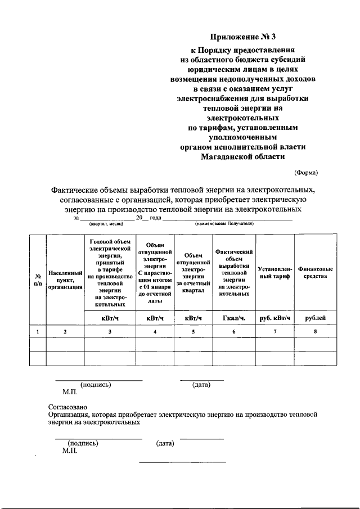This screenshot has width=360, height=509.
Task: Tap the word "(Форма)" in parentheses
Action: click(307, 172)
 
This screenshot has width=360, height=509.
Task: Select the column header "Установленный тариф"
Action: click(274, 272)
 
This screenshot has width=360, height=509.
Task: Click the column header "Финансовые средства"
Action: click(315, 272)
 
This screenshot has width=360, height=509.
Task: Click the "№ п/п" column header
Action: click(38, 280)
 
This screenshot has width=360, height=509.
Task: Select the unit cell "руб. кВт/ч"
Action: click(274, 318)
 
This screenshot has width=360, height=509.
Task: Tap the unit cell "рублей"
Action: click(315, 318)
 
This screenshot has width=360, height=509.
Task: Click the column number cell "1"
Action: click(38, 332)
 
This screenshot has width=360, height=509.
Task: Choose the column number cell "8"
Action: click(315, 332)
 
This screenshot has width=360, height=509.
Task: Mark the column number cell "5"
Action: click(193, 332)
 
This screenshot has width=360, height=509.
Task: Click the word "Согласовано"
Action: click(68, 406)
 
